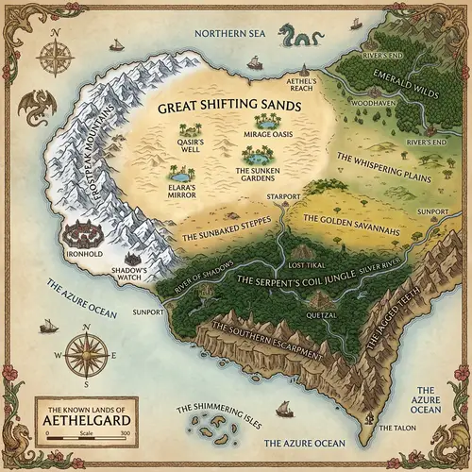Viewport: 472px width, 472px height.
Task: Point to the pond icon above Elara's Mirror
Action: (x=177, y=175)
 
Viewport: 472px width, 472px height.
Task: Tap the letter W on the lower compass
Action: (x=59, y=356)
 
